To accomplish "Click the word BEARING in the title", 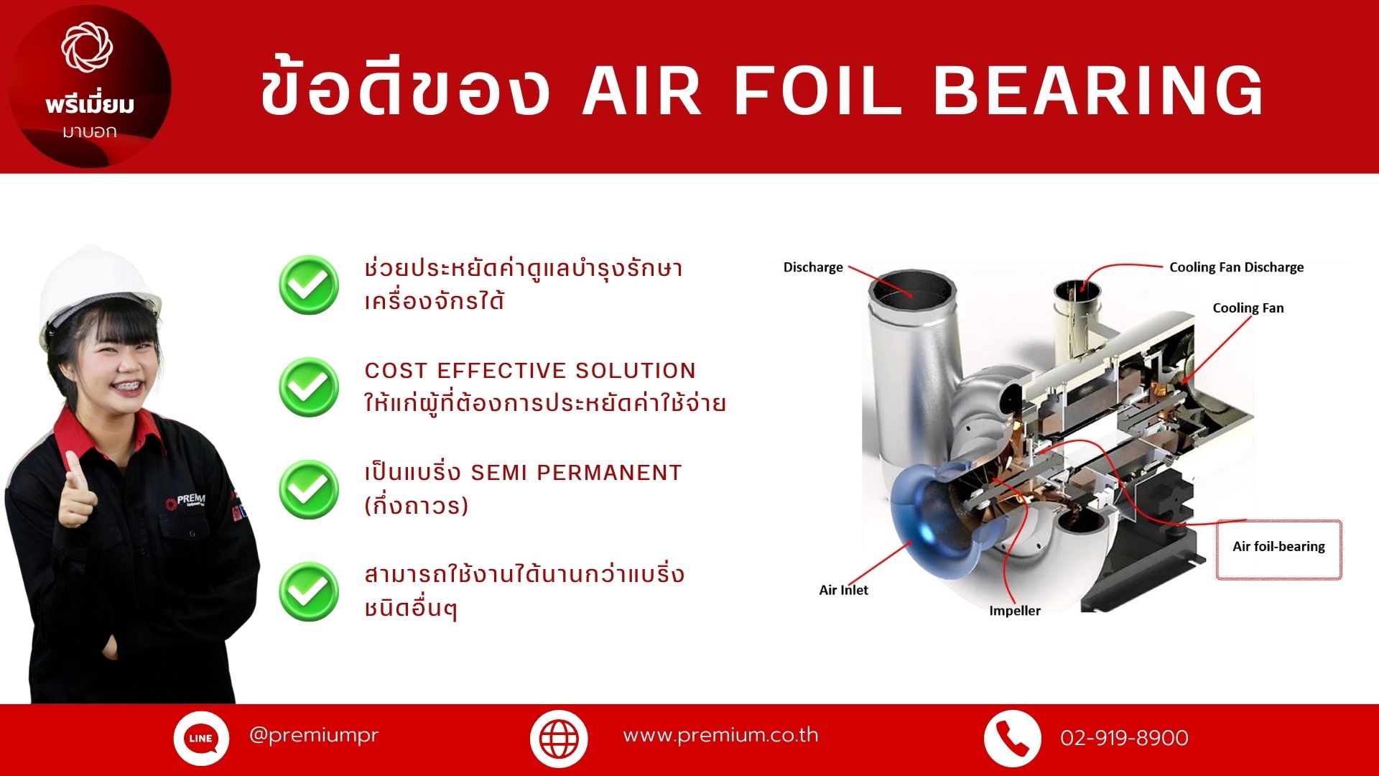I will click(x=1097, y=91).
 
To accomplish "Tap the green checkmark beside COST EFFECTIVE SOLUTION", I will click(x=309, y=387).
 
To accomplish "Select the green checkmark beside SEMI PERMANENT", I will click(x=309, y=489).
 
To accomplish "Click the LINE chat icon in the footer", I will click(x=201, y=738).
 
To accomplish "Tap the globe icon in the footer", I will click(x=559, y=738).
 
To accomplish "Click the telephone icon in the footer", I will click(x=1012, y=738).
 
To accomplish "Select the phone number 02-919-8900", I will click(x=1124, y=738).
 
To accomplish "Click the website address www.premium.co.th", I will click(x=720, y=735).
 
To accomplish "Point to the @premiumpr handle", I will click(x=313, y=735).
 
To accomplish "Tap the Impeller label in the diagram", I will click(x=1014, y=611).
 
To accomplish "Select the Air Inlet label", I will click(x=843, y=590).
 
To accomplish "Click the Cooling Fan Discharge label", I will click(x=1236, y=267).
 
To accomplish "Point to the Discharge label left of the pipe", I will click(x=813, y=267).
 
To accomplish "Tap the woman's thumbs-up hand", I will click(x=78, y=489).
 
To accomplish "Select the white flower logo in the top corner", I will click(x=87, y=47).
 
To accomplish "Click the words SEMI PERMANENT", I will click(x=576, y=473).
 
